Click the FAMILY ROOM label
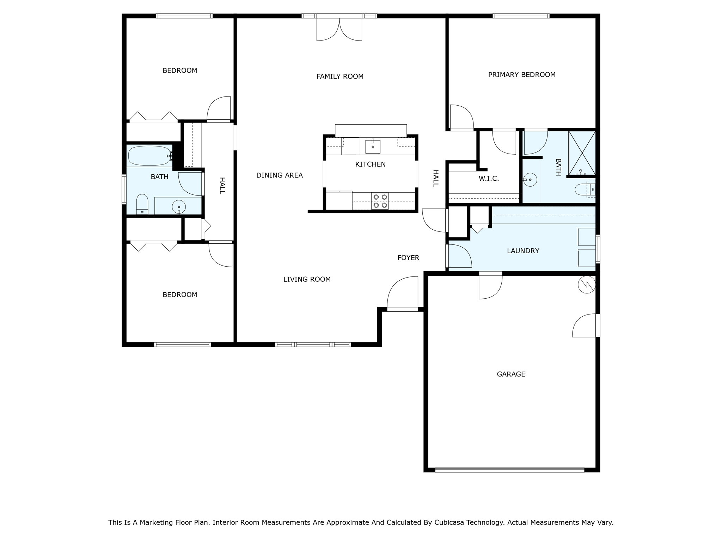click(x=340, y=76)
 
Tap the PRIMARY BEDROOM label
click(x=522, y=75)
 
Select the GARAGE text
click(x=511, y=374)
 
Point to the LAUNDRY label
click(x=523, y=251)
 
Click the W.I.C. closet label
click(x=489, y=179)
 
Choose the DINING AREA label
click(x=279, y=175)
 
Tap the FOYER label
click(x=408, y=257)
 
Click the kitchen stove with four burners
click(x=380, y=201)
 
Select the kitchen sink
click(x=373, y=147)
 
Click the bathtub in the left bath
click(x=150, y=156)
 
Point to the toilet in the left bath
click(x=142, y=204)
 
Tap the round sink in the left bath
click(x=179, y=207)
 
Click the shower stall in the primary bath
click(x=582, y=153)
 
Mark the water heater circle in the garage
click(x=587, y=284)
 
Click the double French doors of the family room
click(x=339, y=28)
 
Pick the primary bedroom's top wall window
click(x=521, y=16)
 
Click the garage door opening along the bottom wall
click(x=510, y=470)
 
